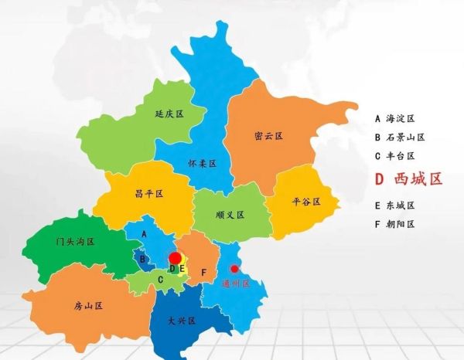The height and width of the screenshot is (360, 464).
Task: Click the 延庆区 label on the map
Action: click(x=169, y=114)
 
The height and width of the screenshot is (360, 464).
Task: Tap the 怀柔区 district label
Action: click(x=202, y=164)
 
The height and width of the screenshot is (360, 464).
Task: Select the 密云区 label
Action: click(x=268, y=136)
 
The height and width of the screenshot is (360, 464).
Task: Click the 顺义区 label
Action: click(x=230, y=214)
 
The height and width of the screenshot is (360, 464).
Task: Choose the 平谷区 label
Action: click(x=305, y=202)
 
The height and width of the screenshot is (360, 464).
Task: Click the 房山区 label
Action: click(x=89, y=306)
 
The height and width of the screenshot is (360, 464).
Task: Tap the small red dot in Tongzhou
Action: click(x=235, y=269)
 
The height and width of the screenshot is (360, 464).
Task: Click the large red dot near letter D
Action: click(x=176, y=258)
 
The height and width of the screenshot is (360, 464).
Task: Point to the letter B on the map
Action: click(x=142, y=259)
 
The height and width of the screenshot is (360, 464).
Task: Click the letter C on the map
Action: click(x=160, y=280)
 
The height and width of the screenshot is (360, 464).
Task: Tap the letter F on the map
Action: click(x=203, y=273)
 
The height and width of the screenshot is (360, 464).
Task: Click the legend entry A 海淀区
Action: click(x=395, y=119)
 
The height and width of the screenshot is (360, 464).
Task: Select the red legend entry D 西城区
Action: click(x=408, y=179)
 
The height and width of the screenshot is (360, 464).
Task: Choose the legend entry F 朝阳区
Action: click(x=395, y=224)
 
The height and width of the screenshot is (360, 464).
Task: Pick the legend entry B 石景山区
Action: click(x=400, y=138)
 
